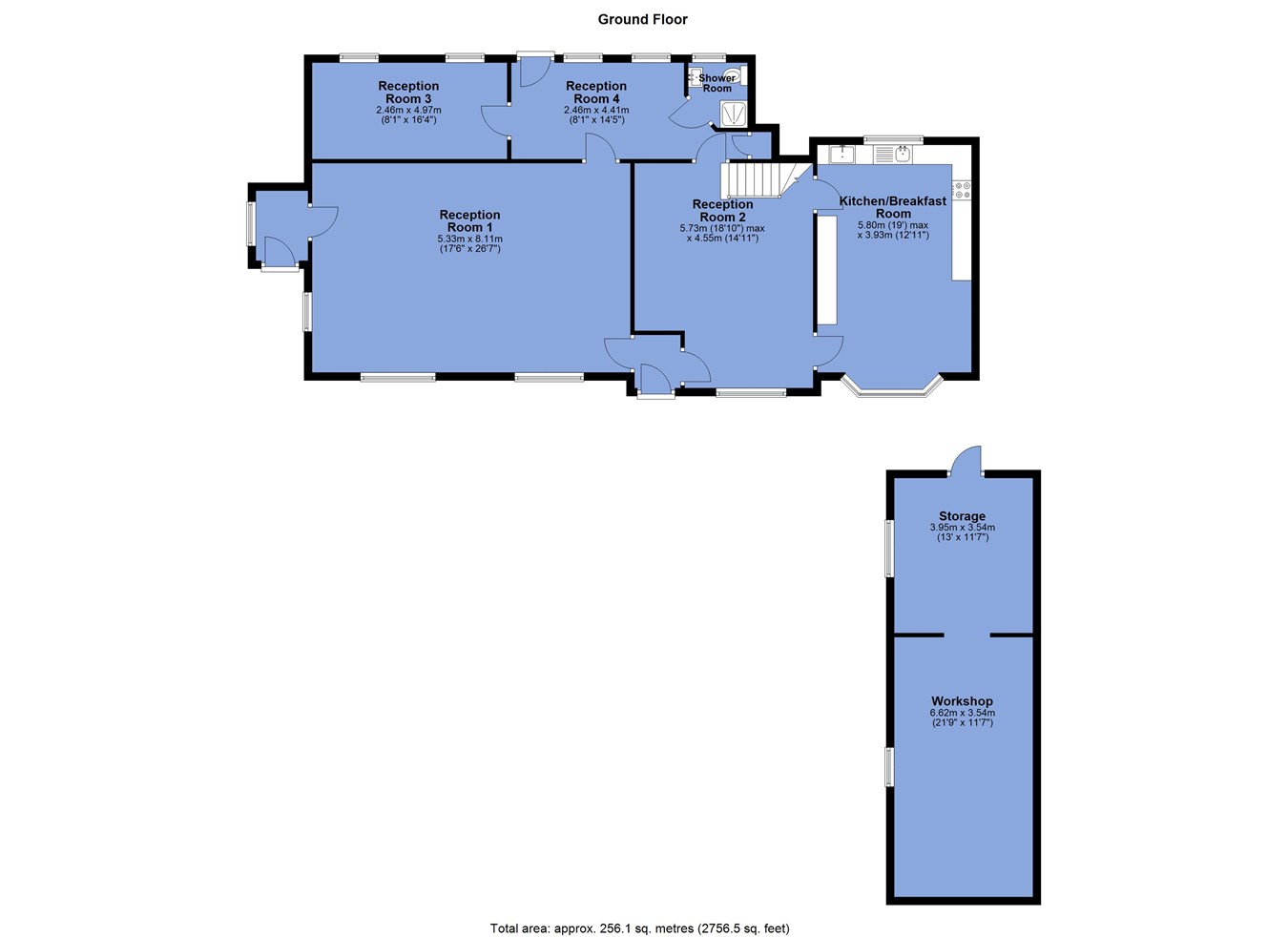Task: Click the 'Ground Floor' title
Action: [x=642, y=19]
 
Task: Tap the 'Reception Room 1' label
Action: [x=469, y=220]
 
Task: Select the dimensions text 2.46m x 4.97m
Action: [x=409, y=110]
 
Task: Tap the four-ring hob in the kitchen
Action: [x=963, y=191]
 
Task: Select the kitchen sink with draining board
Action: [x=892, y=155]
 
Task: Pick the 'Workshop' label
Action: [x=962, y=701]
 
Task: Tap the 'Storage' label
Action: [x=962, y=516]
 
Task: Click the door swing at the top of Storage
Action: [x=966, y=460]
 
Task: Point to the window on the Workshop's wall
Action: [x=889, y=767]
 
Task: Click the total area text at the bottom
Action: [x=640, y=928]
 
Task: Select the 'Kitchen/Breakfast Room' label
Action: [x=893, y=207]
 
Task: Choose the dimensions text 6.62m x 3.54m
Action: [x=963, y=713]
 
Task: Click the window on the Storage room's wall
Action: [x=889, y=548]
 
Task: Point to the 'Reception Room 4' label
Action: [x=596, y=92]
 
